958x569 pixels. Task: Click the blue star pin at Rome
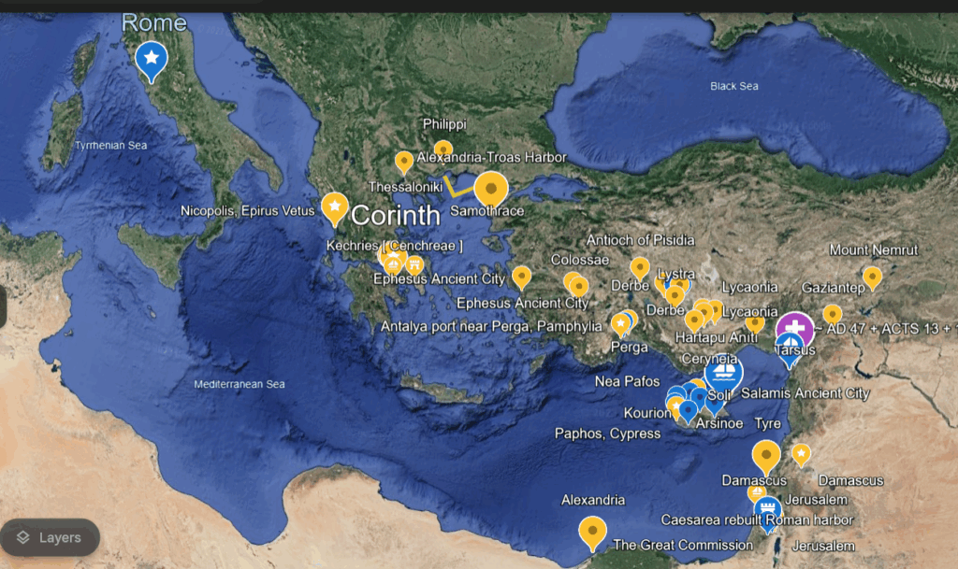(151, 58)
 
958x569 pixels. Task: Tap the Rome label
(154, 21)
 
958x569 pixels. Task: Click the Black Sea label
(733, 86)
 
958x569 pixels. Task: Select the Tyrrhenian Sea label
(111, 145)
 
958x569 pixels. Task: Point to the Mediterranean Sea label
(239, 384)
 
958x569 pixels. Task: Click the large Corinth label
(395, 216)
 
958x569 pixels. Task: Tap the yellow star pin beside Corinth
(334, 206)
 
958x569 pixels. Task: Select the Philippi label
(444, 123)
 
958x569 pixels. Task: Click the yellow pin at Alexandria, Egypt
(591, 531)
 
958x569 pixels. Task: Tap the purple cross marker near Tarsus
(795, 328)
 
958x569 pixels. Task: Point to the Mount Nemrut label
(874, 250)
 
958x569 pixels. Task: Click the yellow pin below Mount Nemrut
(872, 277)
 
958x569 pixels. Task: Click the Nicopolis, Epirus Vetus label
(248, 211)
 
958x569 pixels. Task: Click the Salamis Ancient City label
(805, 394)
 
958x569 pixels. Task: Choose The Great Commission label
(682, 545)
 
